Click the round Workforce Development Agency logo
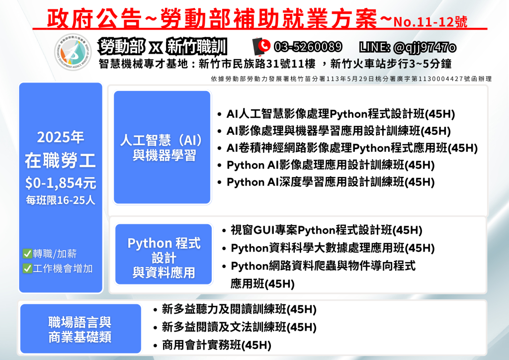pos(73,52)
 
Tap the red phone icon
pos(261,46)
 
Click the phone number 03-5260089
pos(308,47)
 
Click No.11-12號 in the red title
pos(430,22)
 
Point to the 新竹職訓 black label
pos(196,47)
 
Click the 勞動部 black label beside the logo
pos(121,46)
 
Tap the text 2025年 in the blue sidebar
pos(60,137)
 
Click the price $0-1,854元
pos(61,183)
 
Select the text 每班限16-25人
pos(61,200)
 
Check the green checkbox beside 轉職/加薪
pos(27,254)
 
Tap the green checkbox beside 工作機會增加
pos(27,269)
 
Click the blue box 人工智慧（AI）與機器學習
pos(163,147)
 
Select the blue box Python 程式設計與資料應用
pos(164,254)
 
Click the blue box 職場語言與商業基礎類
pos(81,329)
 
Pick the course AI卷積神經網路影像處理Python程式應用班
pos(352,148)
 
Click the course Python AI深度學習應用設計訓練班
pos(331,182)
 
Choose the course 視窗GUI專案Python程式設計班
pos(326,230)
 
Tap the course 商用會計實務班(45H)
pos(217,345)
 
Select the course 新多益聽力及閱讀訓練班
pos(239,309)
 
